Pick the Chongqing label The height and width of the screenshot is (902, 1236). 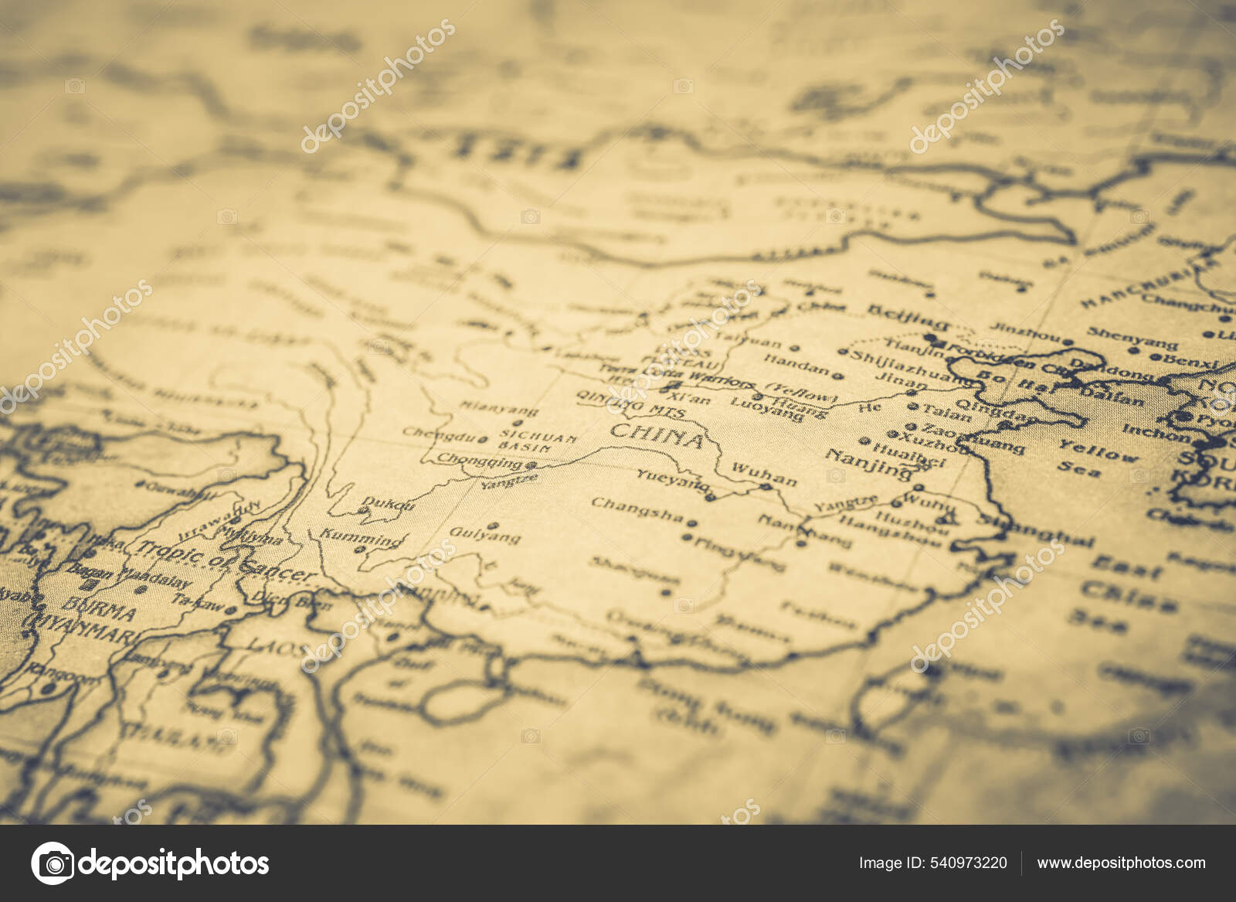coord(480,461)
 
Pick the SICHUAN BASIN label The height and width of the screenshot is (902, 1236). coord(538,442)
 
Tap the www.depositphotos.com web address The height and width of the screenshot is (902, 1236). coord(1121,863)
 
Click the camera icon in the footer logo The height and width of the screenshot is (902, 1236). coord(53,863)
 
